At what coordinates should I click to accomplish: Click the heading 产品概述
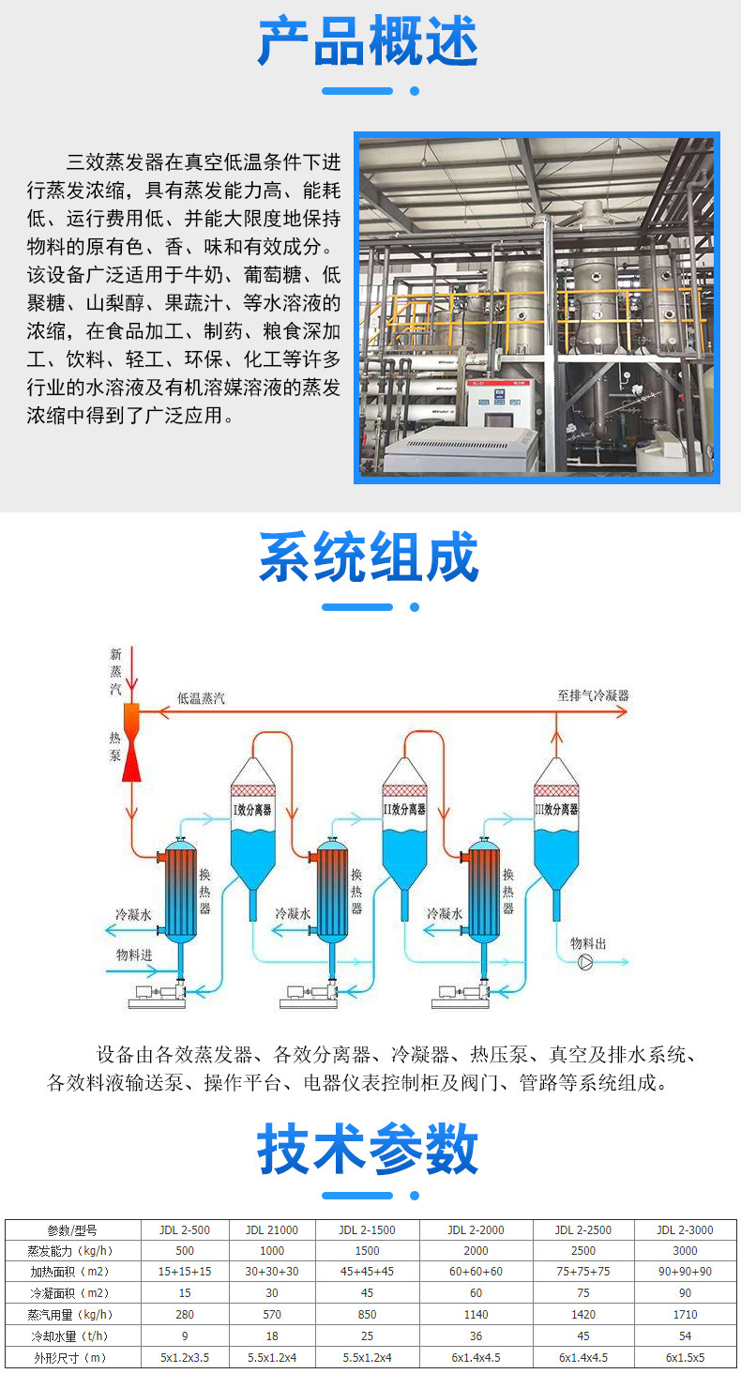[x=369, y=40]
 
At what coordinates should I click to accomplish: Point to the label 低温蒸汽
[x=201, y=698]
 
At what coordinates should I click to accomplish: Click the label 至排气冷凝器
[x=593, y=695]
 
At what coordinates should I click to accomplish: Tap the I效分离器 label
[x=252, y=809]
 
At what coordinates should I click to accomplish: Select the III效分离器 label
[x=556, y=809]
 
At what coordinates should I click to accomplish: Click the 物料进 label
[x=133, y=954]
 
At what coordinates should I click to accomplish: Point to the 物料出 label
[x=588, y=942]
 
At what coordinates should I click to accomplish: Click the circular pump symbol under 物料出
[x=585, y=962]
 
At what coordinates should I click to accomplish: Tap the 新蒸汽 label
[x=115, y=671]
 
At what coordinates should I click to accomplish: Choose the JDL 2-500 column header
[x=185, y=1230]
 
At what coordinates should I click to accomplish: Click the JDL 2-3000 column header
[x=685, y=1230]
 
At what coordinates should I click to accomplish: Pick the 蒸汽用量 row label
[x=71, y=1314]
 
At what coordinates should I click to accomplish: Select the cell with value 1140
[x=476, y=1315]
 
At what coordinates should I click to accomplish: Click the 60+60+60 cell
[x=476, y=1272]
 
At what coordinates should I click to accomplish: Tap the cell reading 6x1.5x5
[x=685, y=1357]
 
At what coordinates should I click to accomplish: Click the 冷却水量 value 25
[x=367, y=1336]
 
